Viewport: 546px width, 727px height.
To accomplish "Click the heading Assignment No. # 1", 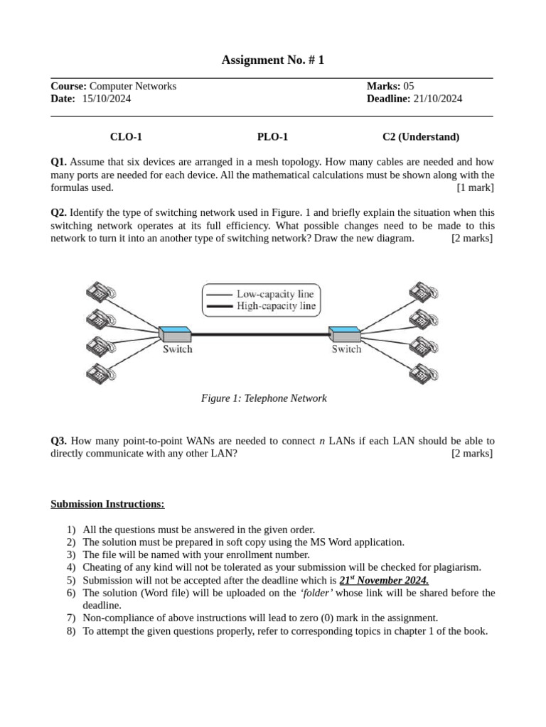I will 272,60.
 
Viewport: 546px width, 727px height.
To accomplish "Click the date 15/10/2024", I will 107,99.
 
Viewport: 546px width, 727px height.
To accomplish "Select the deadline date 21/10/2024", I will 438,99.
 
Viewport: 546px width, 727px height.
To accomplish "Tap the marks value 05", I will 408,86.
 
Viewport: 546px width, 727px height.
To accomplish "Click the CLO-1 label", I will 121,137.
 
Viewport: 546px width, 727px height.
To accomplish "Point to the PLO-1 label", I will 272,137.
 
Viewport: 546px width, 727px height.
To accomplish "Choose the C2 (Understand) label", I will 421,137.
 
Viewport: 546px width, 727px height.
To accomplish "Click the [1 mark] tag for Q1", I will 475,187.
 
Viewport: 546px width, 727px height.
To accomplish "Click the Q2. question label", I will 58,212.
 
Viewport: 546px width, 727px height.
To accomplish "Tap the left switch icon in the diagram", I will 174,334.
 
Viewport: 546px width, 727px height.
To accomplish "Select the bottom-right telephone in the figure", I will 423,373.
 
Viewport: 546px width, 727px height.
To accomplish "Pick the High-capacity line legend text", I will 276,307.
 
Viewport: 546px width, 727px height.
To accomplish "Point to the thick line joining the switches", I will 259,334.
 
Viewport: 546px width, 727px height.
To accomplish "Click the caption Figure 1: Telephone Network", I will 264,398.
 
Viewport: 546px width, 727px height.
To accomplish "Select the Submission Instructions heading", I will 107,504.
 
